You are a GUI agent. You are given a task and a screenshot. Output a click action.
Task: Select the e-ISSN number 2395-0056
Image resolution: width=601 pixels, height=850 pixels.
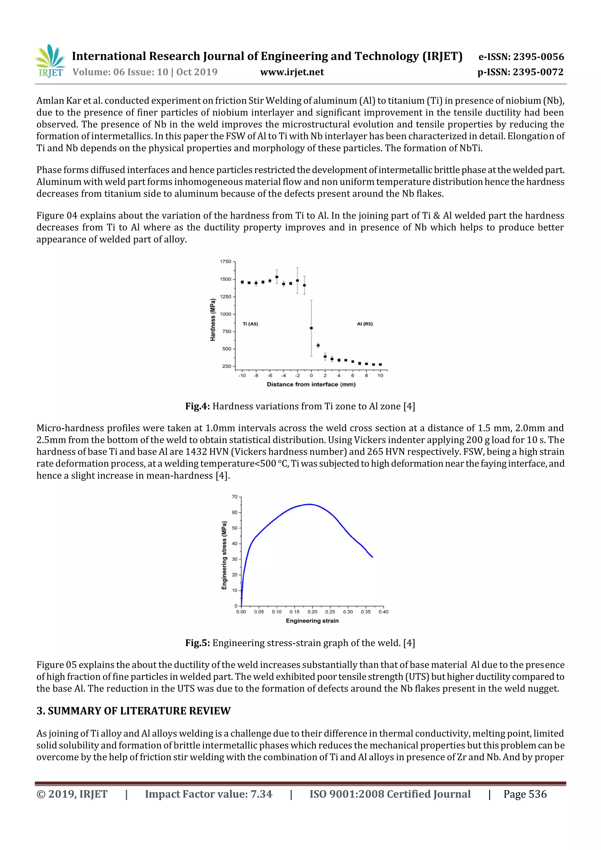pyautogui.click(x=521, y=57)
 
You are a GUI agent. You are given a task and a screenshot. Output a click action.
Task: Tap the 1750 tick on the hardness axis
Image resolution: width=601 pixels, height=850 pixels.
pyautogui.click(x=225, y=261)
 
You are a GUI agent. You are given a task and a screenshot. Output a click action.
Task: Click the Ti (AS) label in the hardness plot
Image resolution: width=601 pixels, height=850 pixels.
pyautogui.click(x=250, y=324)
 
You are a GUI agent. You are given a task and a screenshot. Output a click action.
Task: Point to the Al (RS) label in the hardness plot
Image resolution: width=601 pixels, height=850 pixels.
pyautogui.click(x=365, y=324)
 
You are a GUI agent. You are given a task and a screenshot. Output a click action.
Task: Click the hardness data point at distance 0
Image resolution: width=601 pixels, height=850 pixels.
pyautogui.click(x=311, y=328)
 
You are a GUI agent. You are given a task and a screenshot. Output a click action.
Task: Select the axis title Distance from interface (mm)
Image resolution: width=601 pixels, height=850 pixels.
pyautogui.click(x=311, y=384)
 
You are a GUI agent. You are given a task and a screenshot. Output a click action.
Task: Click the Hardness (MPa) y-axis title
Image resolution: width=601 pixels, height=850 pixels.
pyautogui.click(x=212, y=320)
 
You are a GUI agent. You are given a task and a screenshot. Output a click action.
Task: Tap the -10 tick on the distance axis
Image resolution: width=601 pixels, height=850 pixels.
pyautogui.click(x=242, y=375)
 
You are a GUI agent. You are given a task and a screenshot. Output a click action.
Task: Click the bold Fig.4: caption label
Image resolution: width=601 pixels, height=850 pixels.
pyautogui.click(x=197, y=406)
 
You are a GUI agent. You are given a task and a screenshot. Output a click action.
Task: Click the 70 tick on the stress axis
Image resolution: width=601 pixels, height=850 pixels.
pyautogui.click(x=234, y=497)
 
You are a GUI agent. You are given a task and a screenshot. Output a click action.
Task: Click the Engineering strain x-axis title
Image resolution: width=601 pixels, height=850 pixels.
pyautogui.click(x=312, y=621)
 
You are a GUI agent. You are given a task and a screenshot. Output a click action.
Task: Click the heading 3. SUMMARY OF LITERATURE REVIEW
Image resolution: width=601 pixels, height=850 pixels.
pyautogui.click(x=133, y=711)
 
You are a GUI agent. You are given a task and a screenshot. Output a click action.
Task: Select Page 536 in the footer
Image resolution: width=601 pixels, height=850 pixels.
pyautogui.click(x=525, y=794)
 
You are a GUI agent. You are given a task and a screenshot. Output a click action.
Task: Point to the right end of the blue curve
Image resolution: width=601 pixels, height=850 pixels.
pyautogui.click(x=372, y=557)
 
